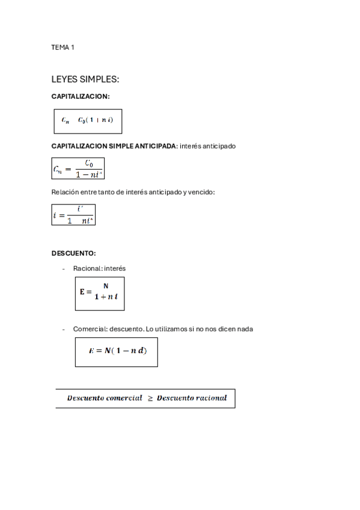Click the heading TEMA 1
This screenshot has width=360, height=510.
click(63, 47)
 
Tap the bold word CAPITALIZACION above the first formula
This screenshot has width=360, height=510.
click(80, 96)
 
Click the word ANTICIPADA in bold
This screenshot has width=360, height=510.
click(154, 146)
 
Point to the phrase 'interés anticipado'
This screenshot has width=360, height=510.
click(208, 146)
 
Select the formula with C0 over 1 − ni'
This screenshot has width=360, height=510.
click(78, 169)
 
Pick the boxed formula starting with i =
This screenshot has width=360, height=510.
click(73, 215)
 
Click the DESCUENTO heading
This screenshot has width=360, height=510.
click(73, 253)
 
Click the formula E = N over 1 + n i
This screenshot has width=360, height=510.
click(100, 293)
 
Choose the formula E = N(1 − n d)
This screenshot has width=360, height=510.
click(116, 351)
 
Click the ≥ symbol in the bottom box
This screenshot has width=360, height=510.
click(150, 398)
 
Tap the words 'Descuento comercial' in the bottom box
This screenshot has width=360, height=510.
click(105, 398)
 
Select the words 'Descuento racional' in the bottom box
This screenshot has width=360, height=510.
click(192, 398)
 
